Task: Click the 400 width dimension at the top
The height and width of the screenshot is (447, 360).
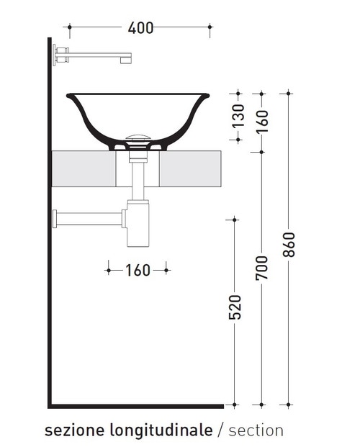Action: (x=140, y=28)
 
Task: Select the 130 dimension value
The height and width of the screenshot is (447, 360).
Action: (x=239, y=114)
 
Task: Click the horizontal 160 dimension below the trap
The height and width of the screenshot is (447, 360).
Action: (x=138, y=271)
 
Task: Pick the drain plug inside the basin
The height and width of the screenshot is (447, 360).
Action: (x=138, y=137)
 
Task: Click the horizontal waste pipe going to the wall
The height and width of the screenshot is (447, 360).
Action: (x=90, y=217)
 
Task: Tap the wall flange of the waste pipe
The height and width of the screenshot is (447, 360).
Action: (x=55, y=218)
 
